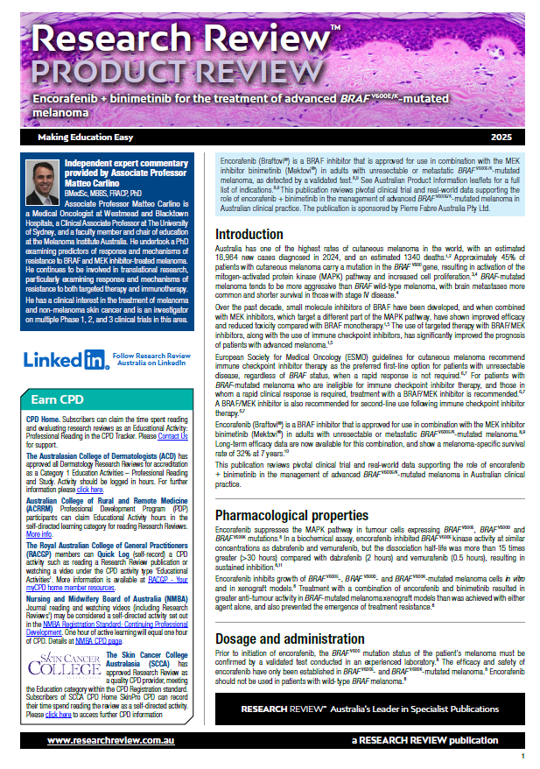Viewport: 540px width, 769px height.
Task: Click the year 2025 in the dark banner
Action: pos(502,138)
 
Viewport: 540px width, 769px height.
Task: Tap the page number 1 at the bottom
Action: pos(522,755)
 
